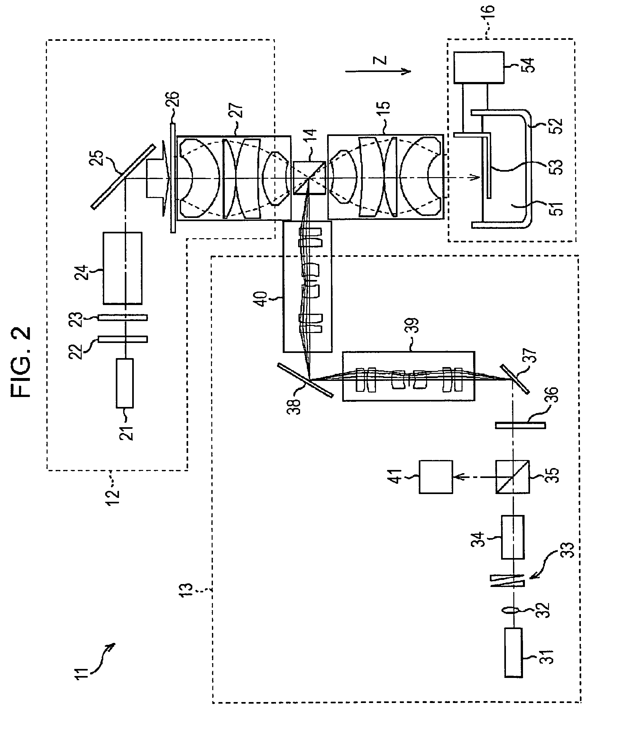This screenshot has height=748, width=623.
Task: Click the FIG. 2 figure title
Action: (x=21, y=363)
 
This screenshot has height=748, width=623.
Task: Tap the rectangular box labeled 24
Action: (x=123, y=268)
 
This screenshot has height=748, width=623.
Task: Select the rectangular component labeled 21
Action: (x=125, y=383)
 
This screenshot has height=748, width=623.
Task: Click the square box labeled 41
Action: (x=435, y=477)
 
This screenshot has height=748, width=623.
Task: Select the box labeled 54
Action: (x=479, y=68)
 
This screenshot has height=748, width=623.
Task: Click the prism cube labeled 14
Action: (x=309, y=177)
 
